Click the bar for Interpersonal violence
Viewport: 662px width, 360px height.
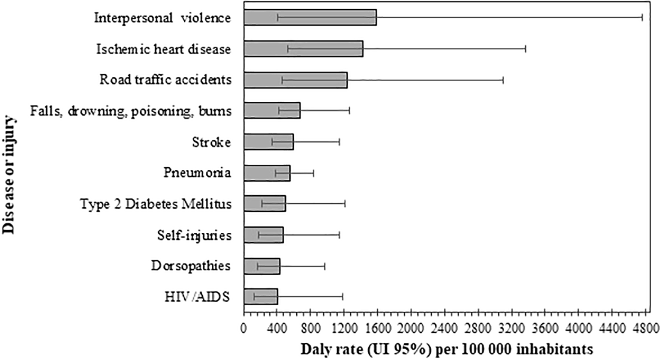coord(310,18)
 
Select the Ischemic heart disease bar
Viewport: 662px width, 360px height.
coord(303,49)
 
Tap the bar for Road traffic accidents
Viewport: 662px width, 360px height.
coord(295,80)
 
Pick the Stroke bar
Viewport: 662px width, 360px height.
coord(268,142)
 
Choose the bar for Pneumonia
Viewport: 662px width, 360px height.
coord(267,173)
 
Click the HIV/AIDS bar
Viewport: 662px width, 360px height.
coord(260,297)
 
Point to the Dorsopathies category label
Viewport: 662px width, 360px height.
coord(191,266)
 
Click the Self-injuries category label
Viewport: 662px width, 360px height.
coord(194,235)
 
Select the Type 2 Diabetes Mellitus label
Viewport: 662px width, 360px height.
coord(156,204)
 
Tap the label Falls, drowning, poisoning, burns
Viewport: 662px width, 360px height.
coord(131,111)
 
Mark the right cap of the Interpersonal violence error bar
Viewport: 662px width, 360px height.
coord(642,18)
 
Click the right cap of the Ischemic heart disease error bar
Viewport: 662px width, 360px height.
coord(525,49)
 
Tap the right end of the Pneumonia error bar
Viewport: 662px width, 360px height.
coord(314,173)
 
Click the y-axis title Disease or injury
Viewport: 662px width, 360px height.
coord(9,175)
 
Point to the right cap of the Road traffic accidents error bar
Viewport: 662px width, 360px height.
coord(503,80)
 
